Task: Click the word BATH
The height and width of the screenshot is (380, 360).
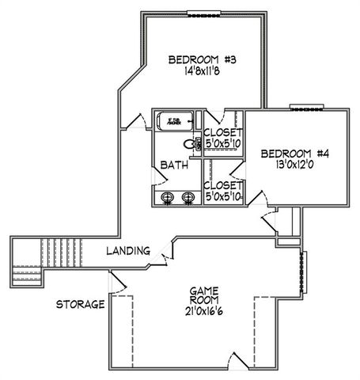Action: pos(174,165)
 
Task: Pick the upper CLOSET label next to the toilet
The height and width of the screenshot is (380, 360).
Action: pos(222,133)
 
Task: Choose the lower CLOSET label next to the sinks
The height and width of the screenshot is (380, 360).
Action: pos(222,184)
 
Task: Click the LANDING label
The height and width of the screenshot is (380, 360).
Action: pos(128,251)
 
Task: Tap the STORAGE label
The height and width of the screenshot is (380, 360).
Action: pos(80,304)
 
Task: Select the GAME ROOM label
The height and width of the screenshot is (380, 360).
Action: pos(203,296)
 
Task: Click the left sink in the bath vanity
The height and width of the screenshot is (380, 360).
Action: pos(167,197)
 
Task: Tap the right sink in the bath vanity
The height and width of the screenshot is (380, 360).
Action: pos(188,197)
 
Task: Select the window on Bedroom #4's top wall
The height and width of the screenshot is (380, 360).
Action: pos(304,108)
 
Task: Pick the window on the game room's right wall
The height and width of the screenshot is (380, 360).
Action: pos(302,272)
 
